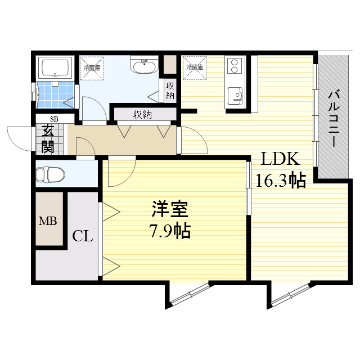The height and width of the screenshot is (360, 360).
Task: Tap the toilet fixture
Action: pyautogui.click(x=48, y=175)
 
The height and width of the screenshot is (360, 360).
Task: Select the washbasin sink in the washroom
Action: pyautogui.click(x=144, y=67)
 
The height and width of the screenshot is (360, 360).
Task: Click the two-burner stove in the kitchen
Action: pyautogui.click(x=233, y=66)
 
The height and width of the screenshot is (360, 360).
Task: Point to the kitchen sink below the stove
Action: pyautogui.click(x=234, y=94)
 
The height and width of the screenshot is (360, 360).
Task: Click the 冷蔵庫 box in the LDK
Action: pyautogui.click(x=194, y=67)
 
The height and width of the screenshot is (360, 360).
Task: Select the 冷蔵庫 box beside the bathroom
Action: pyautogui.click(x=92, y=68)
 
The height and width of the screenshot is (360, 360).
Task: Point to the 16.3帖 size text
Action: pyautogui.click(x=281, y=181)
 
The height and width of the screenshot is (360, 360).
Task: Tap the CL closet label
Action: pyautogui.click(x=82, y=236)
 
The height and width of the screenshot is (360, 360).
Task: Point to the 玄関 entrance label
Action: pyautogui.click(x=47, y=140)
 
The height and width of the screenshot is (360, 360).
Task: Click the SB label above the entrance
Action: pyautogui.click(x=55, y=119)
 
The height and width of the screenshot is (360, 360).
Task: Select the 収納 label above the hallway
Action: pyautogui.click(x=142, y=115)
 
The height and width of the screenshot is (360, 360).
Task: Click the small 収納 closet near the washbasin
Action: pyautogui.click(x=170, y=91)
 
